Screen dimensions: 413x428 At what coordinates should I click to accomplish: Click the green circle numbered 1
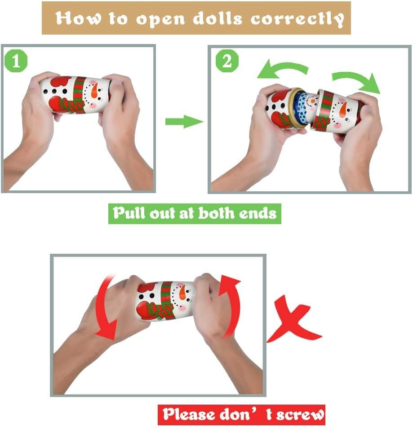coord(16,61)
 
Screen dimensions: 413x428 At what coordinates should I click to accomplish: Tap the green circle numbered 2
coord(227,61)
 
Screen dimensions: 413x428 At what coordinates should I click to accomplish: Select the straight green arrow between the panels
coord(184,121)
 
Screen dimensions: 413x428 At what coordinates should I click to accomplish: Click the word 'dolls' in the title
coord(218,18)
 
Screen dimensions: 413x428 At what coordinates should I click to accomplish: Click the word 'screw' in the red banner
coord(300,415)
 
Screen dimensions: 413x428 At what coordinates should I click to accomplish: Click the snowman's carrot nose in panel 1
coord(94,91)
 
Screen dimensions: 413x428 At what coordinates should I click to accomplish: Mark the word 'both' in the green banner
coord(216,212)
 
